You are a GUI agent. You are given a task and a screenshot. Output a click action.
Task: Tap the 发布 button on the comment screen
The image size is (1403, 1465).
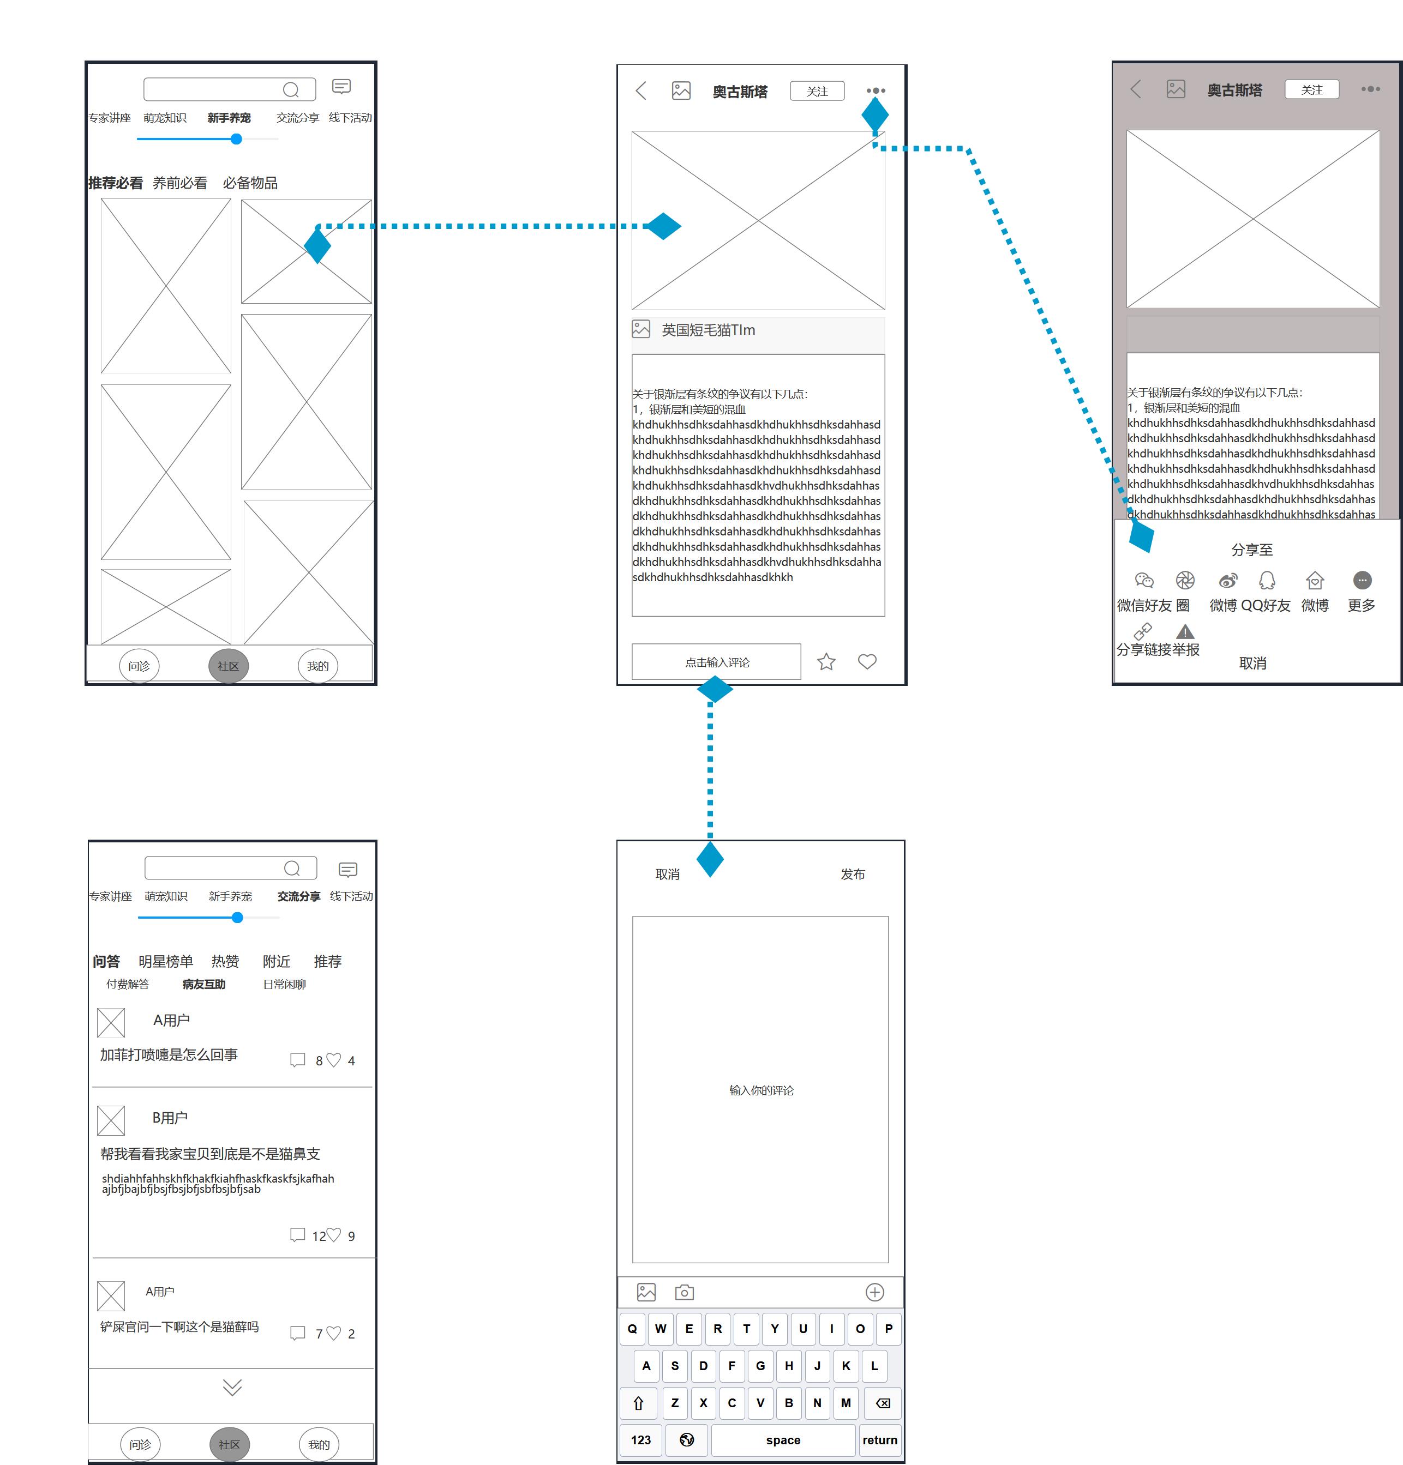853,875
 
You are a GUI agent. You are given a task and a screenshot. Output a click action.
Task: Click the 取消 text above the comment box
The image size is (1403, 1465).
667,875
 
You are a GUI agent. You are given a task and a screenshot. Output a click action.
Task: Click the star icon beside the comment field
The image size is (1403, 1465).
826,661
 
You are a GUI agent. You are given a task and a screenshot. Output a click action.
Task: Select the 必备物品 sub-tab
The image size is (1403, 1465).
250,183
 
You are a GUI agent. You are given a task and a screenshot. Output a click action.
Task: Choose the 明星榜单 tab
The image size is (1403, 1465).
166,961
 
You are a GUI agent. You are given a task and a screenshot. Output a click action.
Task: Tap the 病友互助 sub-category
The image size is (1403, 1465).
203,984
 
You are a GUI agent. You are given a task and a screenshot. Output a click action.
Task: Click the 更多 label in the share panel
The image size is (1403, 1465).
1361,605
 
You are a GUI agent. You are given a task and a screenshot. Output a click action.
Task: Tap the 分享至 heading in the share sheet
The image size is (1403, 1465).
1252,550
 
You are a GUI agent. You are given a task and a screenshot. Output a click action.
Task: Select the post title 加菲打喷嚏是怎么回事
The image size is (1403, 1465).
169,1054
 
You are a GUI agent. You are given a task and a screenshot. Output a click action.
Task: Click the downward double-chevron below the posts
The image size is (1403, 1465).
232,1387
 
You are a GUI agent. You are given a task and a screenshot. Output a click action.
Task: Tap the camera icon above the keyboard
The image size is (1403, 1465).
684,1292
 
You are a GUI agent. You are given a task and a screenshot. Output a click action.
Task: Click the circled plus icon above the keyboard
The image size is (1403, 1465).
875,1292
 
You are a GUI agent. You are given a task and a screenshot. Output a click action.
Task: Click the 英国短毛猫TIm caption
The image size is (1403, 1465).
708,330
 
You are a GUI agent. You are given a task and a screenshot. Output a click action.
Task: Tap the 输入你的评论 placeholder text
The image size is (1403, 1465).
762,1090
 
